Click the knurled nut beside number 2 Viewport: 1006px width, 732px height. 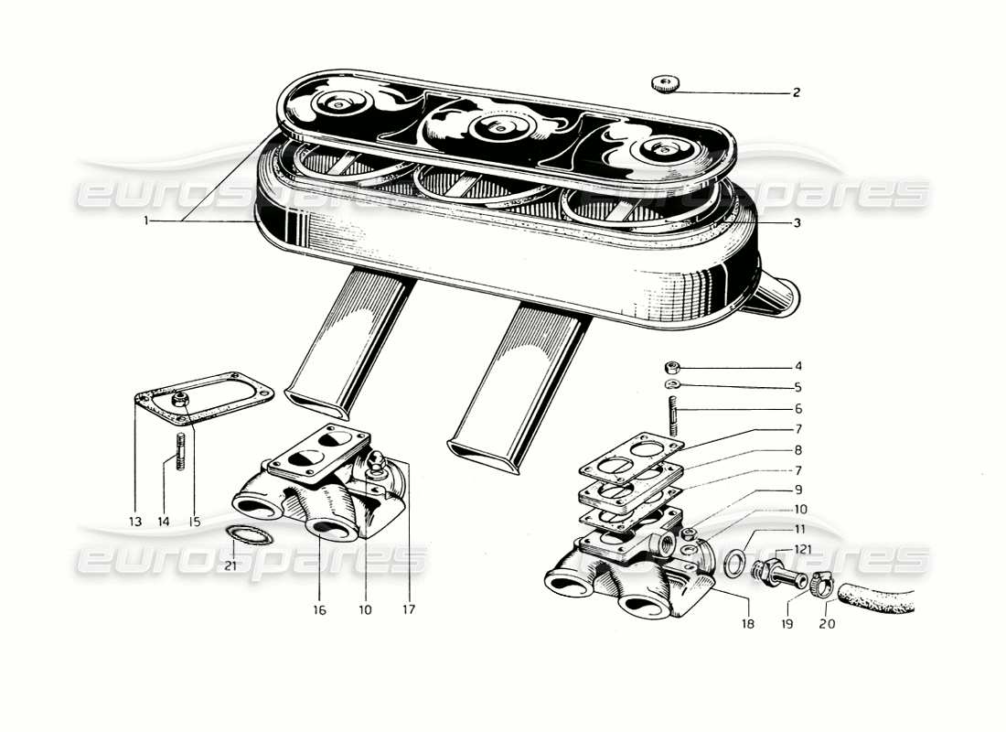click(x=667, y=85)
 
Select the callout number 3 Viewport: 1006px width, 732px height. click(x=797, y=222)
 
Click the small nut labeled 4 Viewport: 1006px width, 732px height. click(x=672, y=368)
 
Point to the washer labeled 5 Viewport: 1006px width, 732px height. click(x=672, y=385)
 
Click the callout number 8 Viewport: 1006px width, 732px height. click(x=797, y=450)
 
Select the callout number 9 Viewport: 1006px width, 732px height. click(x=797, y=490)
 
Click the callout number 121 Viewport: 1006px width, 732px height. click(x=802, y=548)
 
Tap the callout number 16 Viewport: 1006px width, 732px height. click(x=319, y=608)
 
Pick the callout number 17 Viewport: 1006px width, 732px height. click(x=409, y=608)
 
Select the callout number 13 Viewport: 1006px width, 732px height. click(x=135, y=522)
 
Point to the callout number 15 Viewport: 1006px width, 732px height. click(x=195, y=522)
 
